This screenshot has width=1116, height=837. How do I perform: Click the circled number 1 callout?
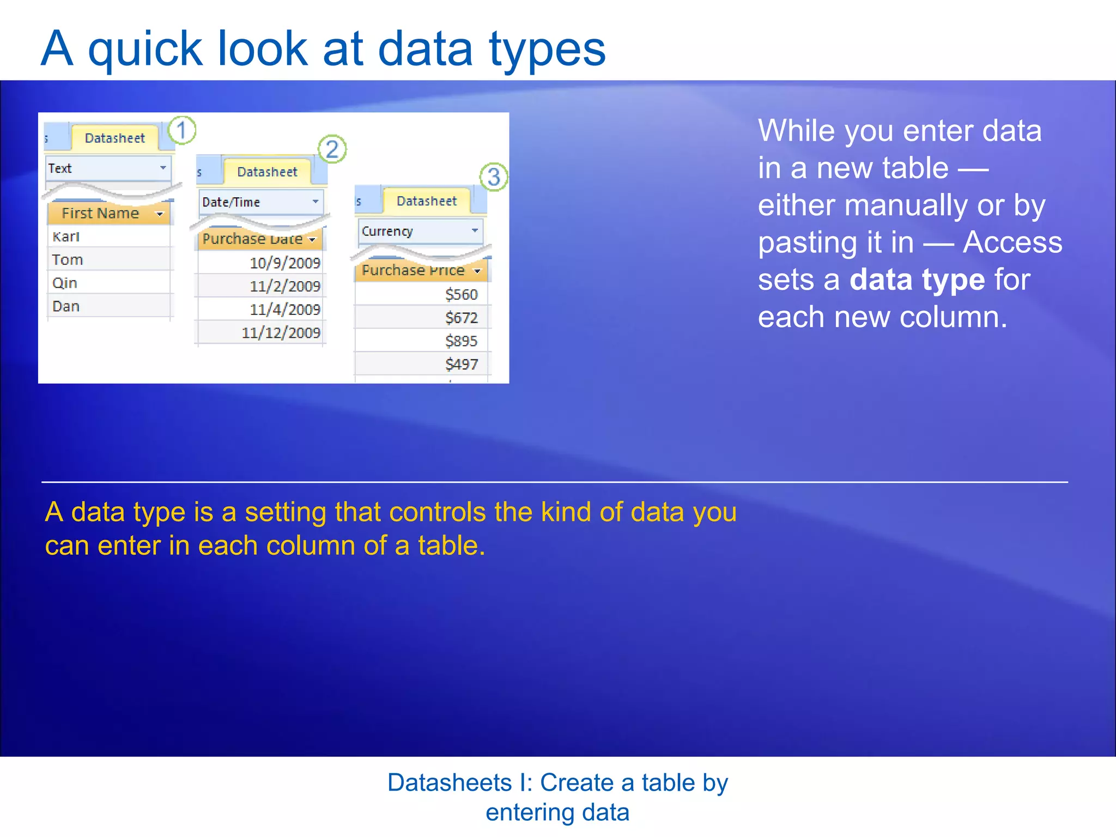pos(181,130)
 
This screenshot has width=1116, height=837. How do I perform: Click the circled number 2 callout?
pos(332,149)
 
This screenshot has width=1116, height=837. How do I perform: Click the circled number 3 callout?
pos(494,177)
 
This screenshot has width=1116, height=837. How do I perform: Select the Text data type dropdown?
pos(108,168)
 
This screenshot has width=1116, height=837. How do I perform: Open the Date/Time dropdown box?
pos(260,202)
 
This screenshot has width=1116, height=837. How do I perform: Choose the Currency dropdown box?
pos(420,231)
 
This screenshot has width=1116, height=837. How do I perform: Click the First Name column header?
pos(108,213)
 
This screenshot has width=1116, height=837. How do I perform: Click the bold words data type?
pos(917,280)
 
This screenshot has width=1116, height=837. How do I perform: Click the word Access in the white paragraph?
pos(1012,242)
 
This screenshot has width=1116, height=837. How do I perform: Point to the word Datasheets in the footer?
pos(449,783)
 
